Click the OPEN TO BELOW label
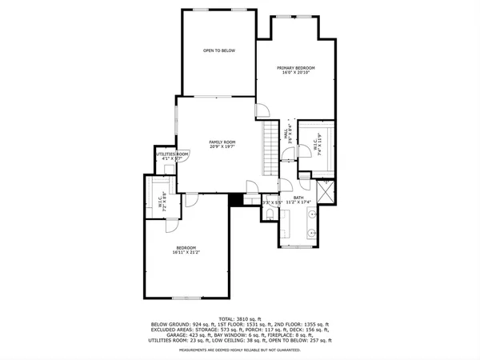pyautogui.click(x=218, y=50)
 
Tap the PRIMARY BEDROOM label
pyautogui.click(x=295, y=68)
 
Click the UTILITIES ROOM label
pyautogui.click(x=172, y=154)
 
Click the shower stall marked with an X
pyautogui.click(x=326, y=194)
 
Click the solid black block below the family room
pyautogui.click(x=235, y=200)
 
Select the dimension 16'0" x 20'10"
pyautogui.click(x=295, y=74)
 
